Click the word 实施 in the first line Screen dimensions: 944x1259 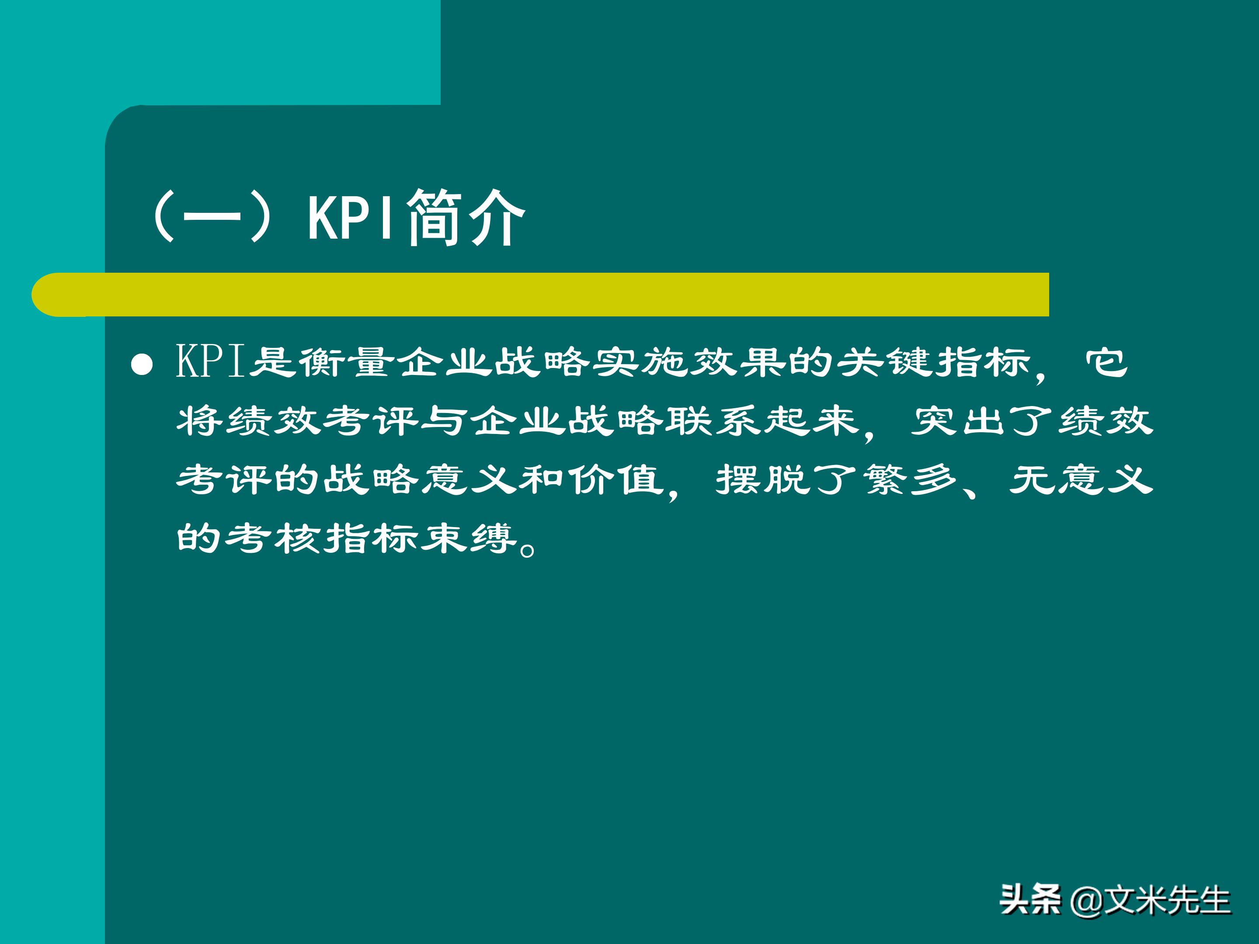coord(640,362)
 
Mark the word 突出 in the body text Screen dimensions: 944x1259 coord(959,421)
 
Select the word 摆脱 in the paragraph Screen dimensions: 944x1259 coord(763,480)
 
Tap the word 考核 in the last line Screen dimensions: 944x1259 coord(273,538)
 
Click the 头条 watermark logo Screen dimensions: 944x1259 coord(1030,900)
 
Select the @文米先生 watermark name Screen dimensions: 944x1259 coord(1150,900)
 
